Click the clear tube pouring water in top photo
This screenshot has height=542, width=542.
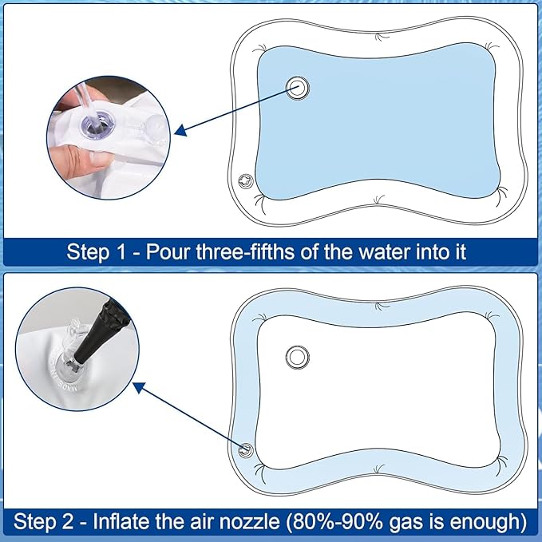84,104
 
